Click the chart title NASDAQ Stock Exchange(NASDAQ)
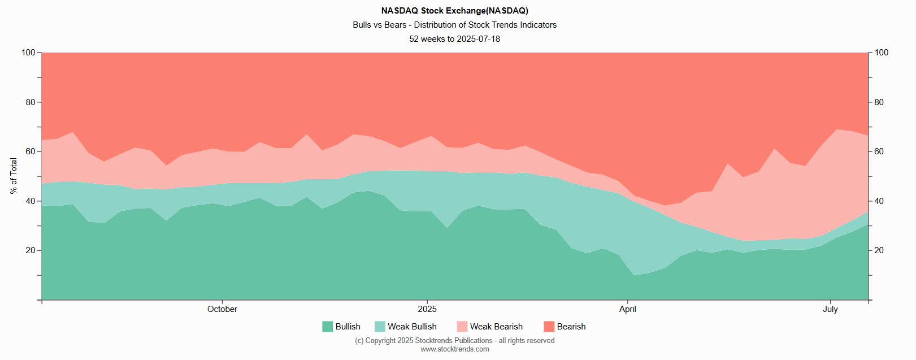point(454,11)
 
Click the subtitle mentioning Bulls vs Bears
point(454,25)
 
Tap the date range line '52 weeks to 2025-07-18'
point(454,39)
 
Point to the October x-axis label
point(222,309)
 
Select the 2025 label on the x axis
point(427,309)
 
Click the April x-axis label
point(627,309)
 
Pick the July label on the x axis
point(830,309)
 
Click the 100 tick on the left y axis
point(28,53)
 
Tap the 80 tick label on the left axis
point(30,102)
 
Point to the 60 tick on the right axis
point(879,151)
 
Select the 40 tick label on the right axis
point(879,201)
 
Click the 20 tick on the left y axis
point(30,250)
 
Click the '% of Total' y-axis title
point(14,176)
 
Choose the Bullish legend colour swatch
point(327,327)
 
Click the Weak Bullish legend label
point(412,327)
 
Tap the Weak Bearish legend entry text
point(496,327)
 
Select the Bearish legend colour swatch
point(549,327)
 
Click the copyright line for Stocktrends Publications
point(454,341)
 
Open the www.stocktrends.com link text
point(454,349)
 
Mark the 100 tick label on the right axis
point(881,53)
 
